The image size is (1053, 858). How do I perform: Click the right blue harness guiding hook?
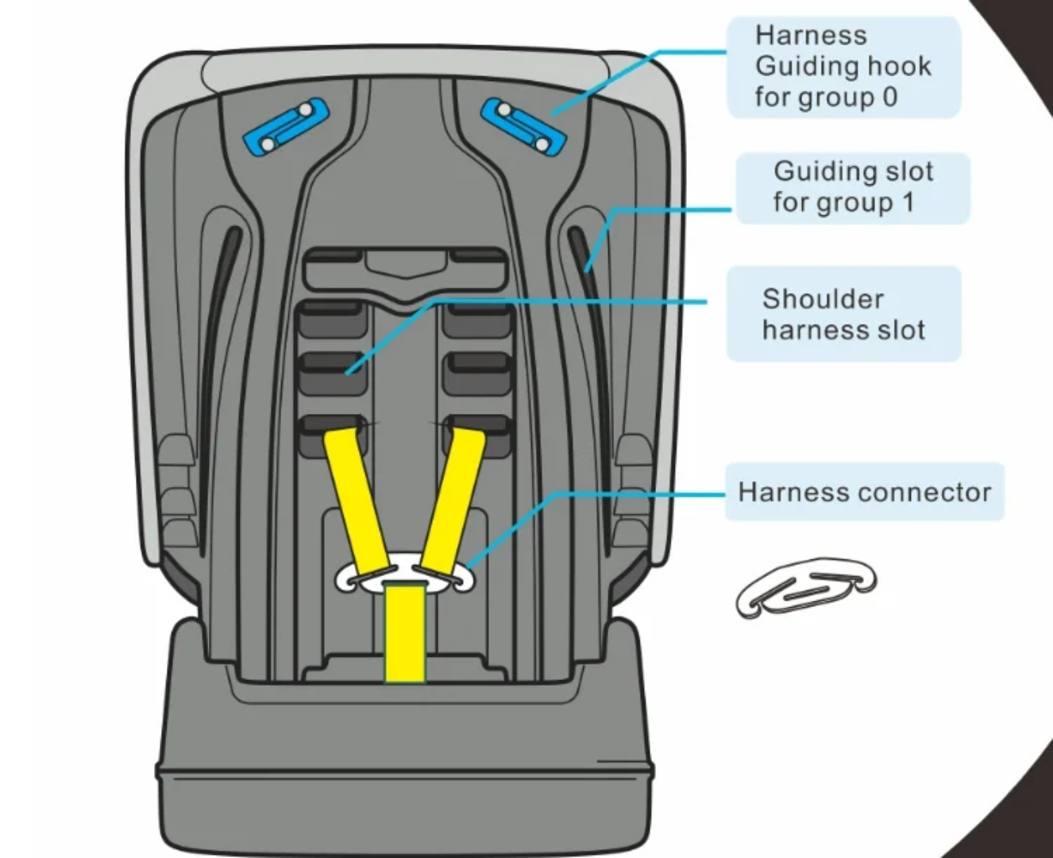(x=524, y=126)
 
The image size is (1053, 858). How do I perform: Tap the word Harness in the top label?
(x=811, y=35)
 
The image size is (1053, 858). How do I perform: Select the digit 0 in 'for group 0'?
(x=890, y=97)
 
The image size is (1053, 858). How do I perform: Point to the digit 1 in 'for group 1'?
(x=907, y=202)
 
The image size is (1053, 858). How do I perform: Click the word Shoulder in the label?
(x=822, y=299)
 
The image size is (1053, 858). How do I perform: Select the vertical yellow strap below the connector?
(x=405, y=632)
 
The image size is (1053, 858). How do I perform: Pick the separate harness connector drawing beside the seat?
(x=805, y=587)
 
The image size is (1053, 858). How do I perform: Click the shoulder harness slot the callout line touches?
(x=333, y=370)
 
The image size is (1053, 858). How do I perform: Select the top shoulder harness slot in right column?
(x=476, y=319)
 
